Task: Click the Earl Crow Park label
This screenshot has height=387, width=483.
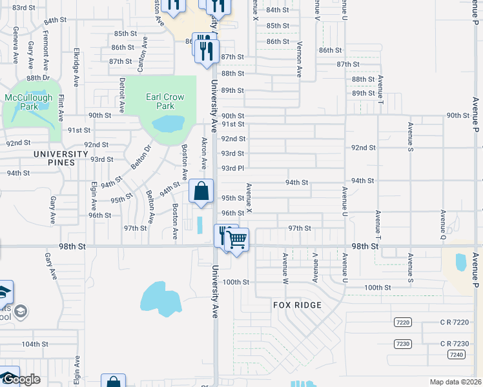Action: point(165,101)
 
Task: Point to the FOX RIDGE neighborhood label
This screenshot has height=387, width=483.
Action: point(297,304)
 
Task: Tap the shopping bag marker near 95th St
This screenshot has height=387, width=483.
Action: point(201,192)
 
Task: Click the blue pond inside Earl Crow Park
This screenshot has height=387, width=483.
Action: point(167,123)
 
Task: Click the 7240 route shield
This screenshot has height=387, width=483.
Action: point(456,355)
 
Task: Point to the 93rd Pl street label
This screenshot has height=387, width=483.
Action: point(232,168)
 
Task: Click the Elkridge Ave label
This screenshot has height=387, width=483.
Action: point(76,67)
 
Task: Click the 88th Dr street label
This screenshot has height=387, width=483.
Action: point(38,78)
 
